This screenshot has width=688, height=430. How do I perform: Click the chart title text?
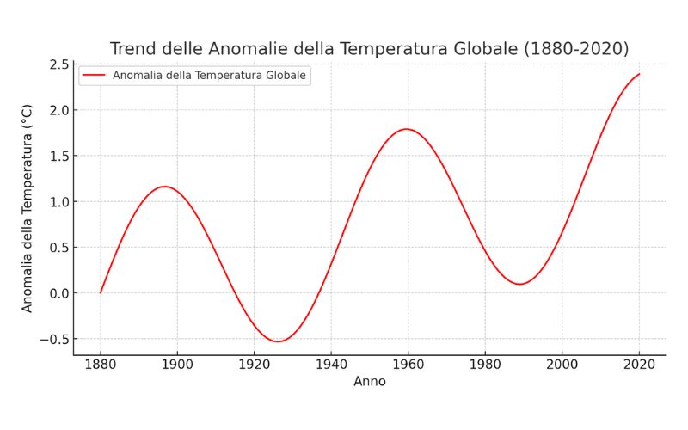pos(369,48)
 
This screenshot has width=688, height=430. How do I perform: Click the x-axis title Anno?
pos(370,381)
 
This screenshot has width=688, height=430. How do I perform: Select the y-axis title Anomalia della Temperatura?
pos(27,208)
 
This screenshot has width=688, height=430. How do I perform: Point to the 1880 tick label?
pos(101,364)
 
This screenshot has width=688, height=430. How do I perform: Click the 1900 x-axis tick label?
pos(177,364)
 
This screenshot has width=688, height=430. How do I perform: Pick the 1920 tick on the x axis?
pos(255,364)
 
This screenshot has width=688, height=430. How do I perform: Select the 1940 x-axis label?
pos(331,364)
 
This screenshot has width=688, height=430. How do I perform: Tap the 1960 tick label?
pos(408,364)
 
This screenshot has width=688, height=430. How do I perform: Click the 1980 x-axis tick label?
pos(485,364)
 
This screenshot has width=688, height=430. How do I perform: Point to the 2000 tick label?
pos(562,364)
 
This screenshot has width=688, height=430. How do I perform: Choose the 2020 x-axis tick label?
pos(639,364)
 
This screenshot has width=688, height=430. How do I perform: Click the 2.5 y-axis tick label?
pos(59,64)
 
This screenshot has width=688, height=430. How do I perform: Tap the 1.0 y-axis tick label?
pos(59,202)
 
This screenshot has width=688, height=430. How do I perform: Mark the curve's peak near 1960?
pos(406,129)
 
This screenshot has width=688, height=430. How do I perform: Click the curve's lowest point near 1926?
pos(278,341)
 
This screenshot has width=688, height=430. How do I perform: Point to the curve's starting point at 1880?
pos(101,292)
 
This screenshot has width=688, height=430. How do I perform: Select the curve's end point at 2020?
pos(639,74)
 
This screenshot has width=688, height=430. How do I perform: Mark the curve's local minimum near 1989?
pos(519,284)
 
